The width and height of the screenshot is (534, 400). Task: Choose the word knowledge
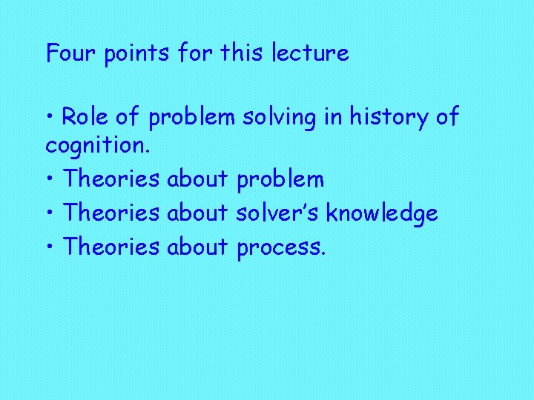click(382, 214)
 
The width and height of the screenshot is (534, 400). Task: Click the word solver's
click(278, 214)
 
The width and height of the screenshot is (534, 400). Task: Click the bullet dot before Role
click(50, 118)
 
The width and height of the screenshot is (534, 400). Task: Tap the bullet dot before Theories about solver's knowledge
click(50, 214)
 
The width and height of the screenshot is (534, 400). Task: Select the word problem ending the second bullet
click(280, 180)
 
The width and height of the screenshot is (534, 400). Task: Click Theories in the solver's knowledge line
click(111, 214)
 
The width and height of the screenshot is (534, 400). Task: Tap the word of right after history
click(445, 117)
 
